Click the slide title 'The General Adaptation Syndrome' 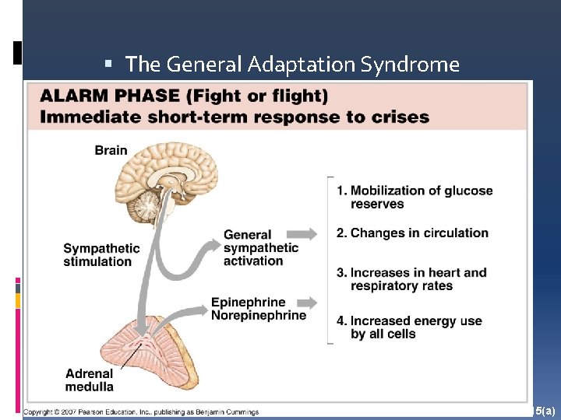[292, 65]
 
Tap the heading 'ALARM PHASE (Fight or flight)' [184, 97]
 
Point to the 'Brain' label [111, 150]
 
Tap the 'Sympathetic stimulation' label [101, 255]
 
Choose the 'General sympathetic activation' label [260, 247]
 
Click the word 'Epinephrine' [248, 303]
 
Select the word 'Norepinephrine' [258, 315]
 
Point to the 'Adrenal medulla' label [89, 380]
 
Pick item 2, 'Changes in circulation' [418, 233]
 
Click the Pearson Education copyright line [141, 411]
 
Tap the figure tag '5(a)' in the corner [545, 409]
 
